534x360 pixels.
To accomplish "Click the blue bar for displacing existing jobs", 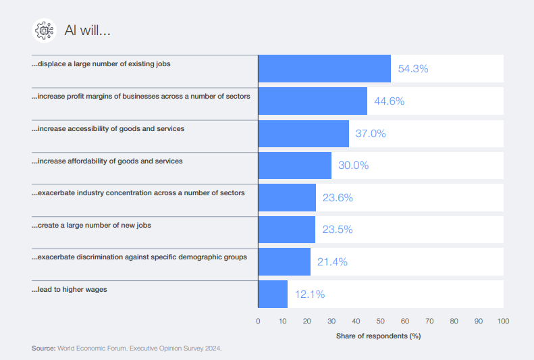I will click(x=324, y=68).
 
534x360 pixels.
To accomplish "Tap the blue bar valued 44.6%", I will click(x=313, y=101).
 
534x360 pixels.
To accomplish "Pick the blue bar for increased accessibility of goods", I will click(x=303, y=133).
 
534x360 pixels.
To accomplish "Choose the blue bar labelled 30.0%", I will click(x=294, y=165).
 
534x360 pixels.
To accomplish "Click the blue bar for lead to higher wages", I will click(x=273, y=294).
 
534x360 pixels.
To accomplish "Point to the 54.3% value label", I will click(x=413, y=69).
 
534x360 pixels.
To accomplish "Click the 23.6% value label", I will click(x=338, y=198).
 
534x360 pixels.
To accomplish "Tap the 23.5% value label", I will click(x=338, y=230).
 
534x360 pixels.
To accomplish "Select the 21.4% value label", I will click(x=332, y=262).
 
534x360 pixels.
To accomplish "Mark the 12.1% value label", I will click(x=310, y=294).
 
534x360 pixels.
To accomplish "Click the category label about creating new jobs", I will click(x=91, y=225).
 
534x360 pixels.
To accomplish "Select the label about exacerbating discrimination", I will click(x=139, y=257).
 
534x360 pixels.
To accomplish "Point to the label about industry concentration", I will click(x=138, y=193).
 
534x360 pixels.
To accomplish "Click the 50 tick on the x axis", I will click(x=380, y=321).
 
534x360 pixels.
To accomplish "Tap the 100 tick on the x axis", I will click(x=502, y=321).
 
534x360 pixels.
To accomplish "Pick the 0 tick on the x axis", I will click(x=258, y=321).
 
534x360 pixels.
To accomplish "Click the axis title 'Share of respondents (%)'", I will click(x=378, y=336).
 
